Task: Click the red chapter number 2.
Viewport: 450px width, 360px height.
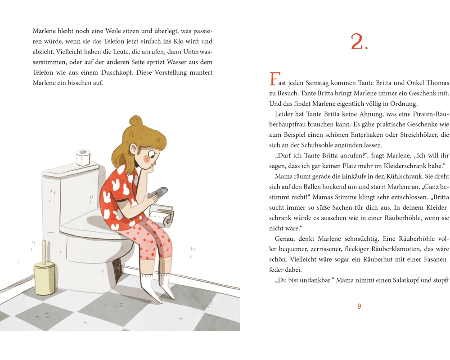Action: pos(359,42)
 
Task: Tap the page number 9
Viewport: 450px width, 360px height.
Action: pos(359,306)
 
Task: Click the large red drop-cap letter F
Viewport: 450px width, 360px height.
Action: pos(274,79)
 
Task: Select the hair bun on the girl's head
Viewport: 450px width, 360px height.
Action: pos(136,121)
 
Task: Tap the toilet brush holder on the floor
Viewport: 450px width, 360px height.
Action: pos(45,274)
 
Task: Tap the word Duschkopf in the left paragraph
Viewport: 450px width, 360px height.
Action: pos(117,72)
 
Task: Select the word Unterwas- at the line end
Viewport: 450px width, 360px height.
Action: pos(198,52)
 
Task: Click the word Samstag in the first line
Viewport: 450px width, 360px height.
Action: pos(317,83)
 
